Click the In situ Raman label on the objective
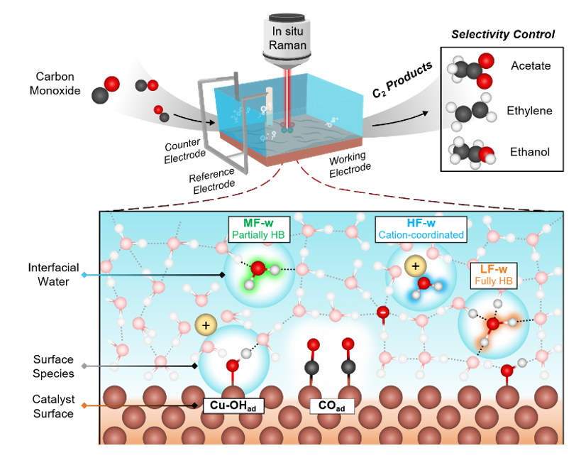pos(287,38)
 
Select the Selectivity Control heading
pos(503,35)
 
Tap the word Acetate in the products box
pos(531,65)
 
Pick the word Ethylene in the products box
pos(529,111)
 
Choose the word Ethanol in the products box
pos(530,152)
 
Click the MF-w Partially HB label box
pos(259,229)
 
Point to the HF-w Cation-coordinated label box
pos(421,229)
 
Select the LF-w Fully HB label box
pos(494,276)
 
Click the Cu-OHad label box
pos(233,405)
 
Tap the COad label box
pos(332,406)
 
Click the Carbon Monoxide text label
pos(55,84)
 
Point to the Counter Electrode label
pos(184,151)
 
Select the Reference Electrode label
pos(212,180)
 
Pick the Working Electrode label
pos(350,164)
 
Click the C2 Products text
pos(402,80)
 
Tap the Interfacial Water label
pos(54,275)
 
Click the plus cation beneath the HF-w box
pos(416,266)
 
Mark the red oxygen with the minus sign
pos(383,312)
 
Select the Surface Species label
pos(54,366)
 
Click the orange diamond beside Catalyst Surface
pos(84,405)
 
